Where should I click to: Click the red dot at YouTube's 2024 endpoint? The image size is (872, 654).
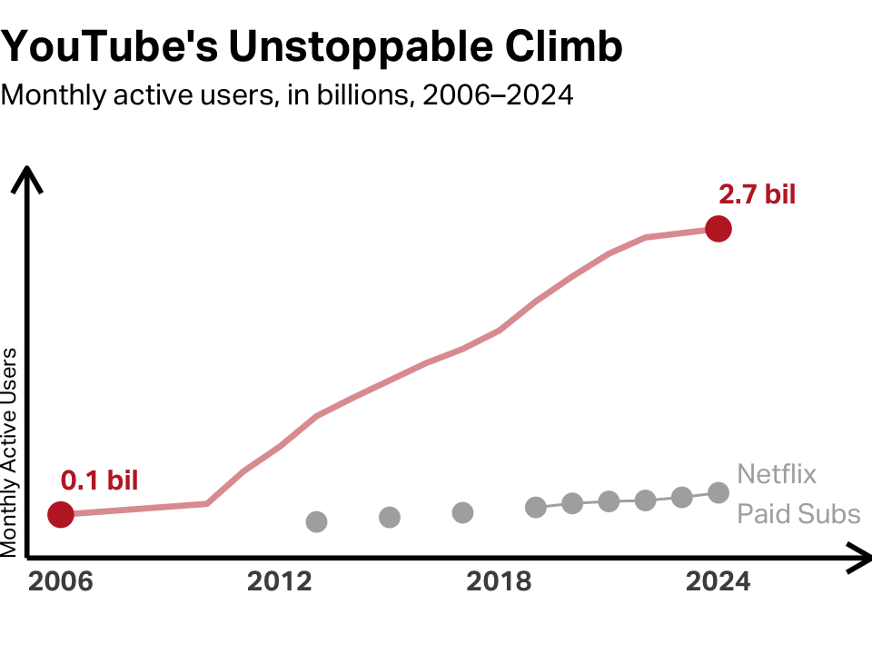coord(718,229)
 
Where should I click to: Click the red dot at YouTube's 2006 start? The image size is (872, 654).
coord(61,515)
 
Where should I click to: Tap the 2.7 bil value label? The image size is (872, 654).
coord(757,194)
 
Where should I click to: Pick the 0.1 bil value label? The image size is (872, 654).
coord(100,481)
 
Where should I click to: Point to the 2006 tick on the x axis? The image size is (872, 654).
coord(61,582)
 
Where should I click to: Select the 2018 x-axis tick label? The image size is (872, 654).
coord(499,582)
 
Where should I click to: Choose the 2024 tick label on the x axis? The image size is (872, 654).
coord(718,582)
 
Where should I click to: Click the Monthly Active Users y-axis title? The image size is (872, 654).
coord(10,451)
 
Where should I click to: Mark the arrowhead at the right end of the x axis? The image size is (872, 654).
coord(858,557)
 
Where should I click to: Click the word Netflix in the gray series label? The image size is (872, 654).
coord(777,474)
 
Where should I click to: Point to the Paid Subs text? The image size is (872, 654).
coord(798,514)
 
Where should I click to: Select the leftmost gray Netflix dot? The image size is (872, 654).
coord(316,521)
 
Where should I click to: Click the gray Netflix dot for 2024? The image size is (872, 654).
coord(718,492)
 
